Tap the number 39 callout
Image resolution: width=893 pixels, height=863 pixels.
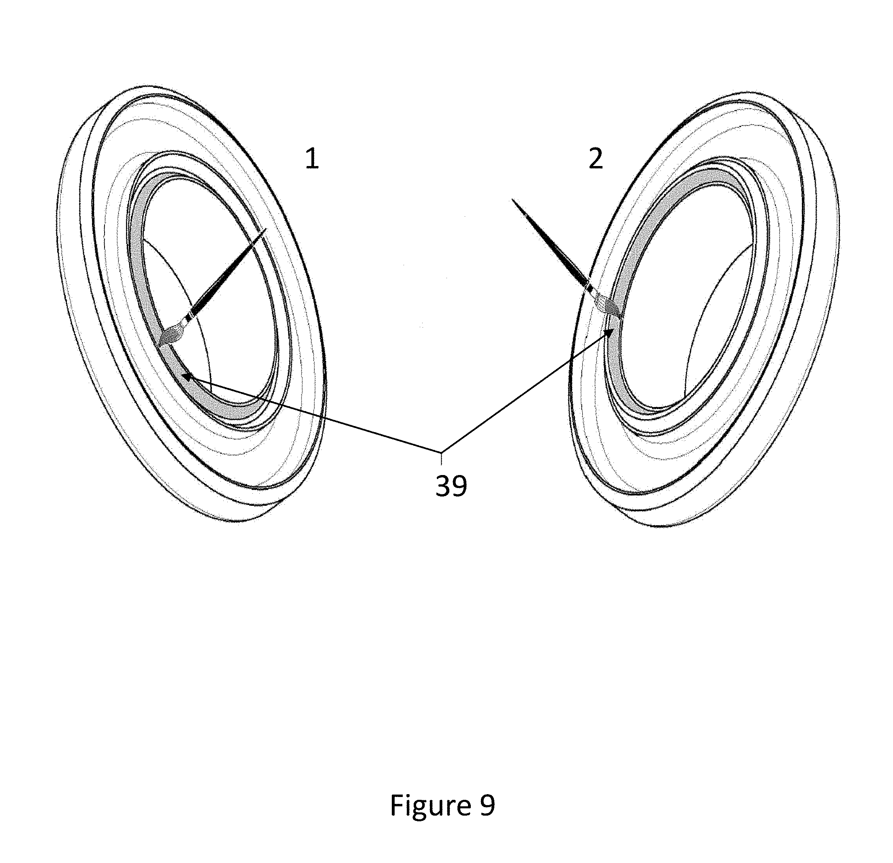point(451,486)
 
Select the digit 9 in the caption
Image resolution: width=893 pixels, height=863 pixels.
point(487,805)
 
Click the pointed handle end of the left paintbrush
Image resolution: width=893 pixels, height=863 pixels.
point(266,229)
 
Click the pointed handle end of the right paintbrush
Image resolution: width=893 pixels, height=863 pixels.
point(513,200)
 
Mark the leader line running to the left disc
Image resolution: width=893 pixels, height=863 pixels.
point(314,413)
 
